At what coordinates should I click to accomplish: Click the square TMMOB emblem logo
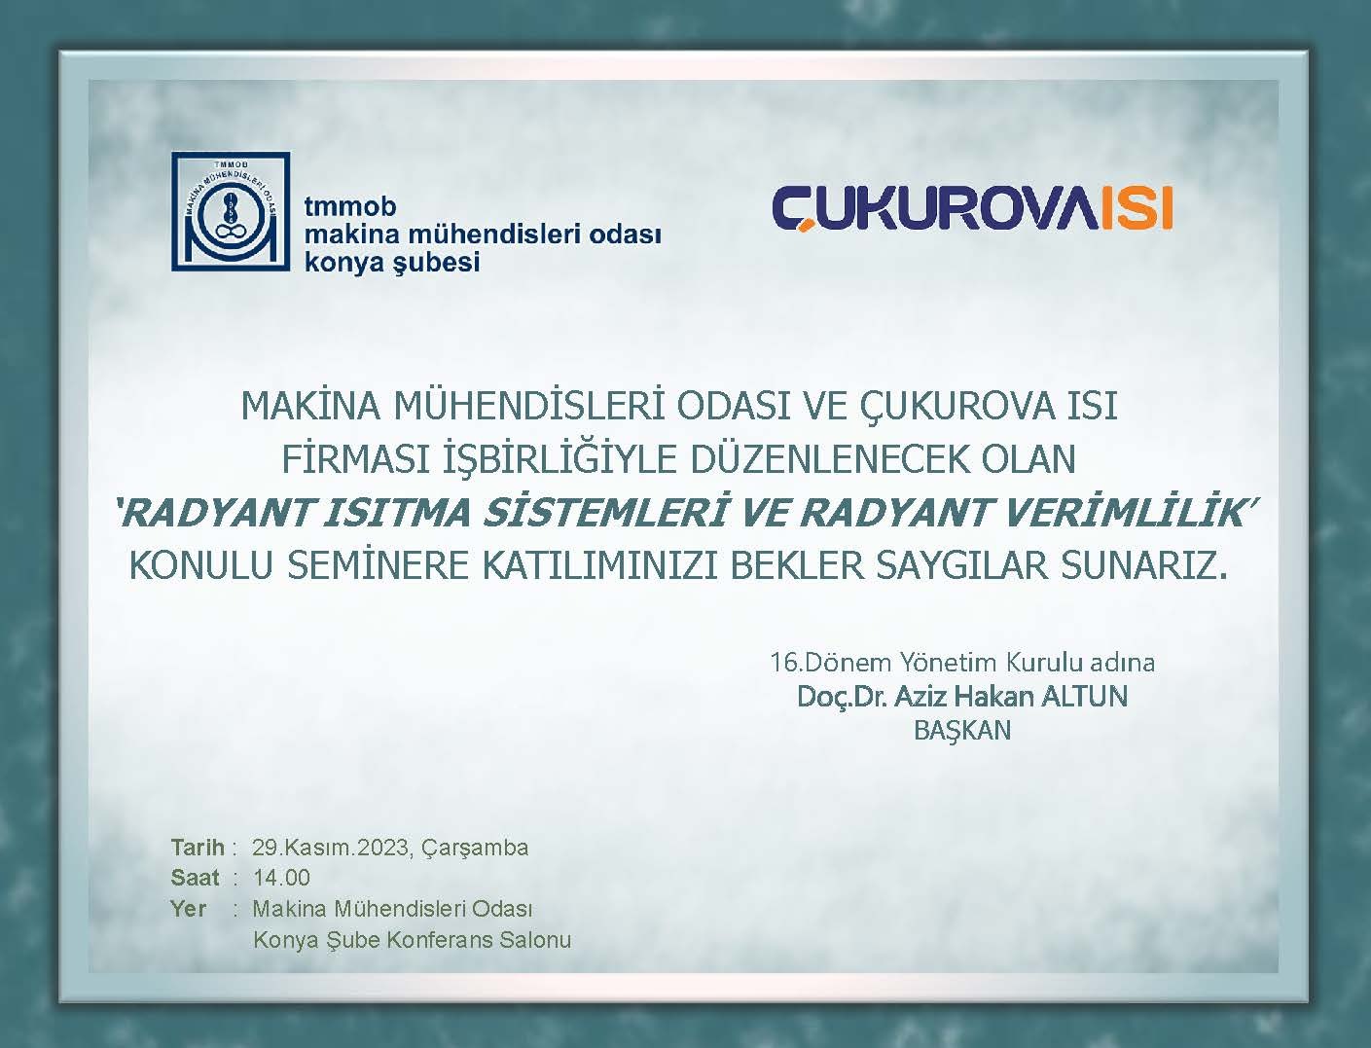(232, 211)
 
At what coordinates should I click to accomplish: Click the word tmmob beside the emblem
(350, 206)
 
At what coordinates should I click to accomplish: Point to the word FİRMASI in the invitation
(355, 459)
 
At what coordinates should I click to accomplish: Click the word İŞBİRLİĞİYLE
(561, 460)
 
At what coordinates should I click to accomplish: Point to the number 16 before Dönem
(783, 663)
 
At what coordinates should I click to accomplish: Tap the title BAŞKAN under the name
(962, 730)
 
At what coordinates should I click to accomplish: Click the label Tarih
(198, 848)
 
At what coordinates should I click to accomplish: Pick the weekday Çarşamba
(475, 849)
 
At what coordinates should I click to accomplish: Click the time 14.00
(281, 878)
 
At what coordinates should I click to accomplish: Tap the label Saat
(195, 878)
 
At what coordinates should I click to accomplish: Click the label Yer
(188, 910)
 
